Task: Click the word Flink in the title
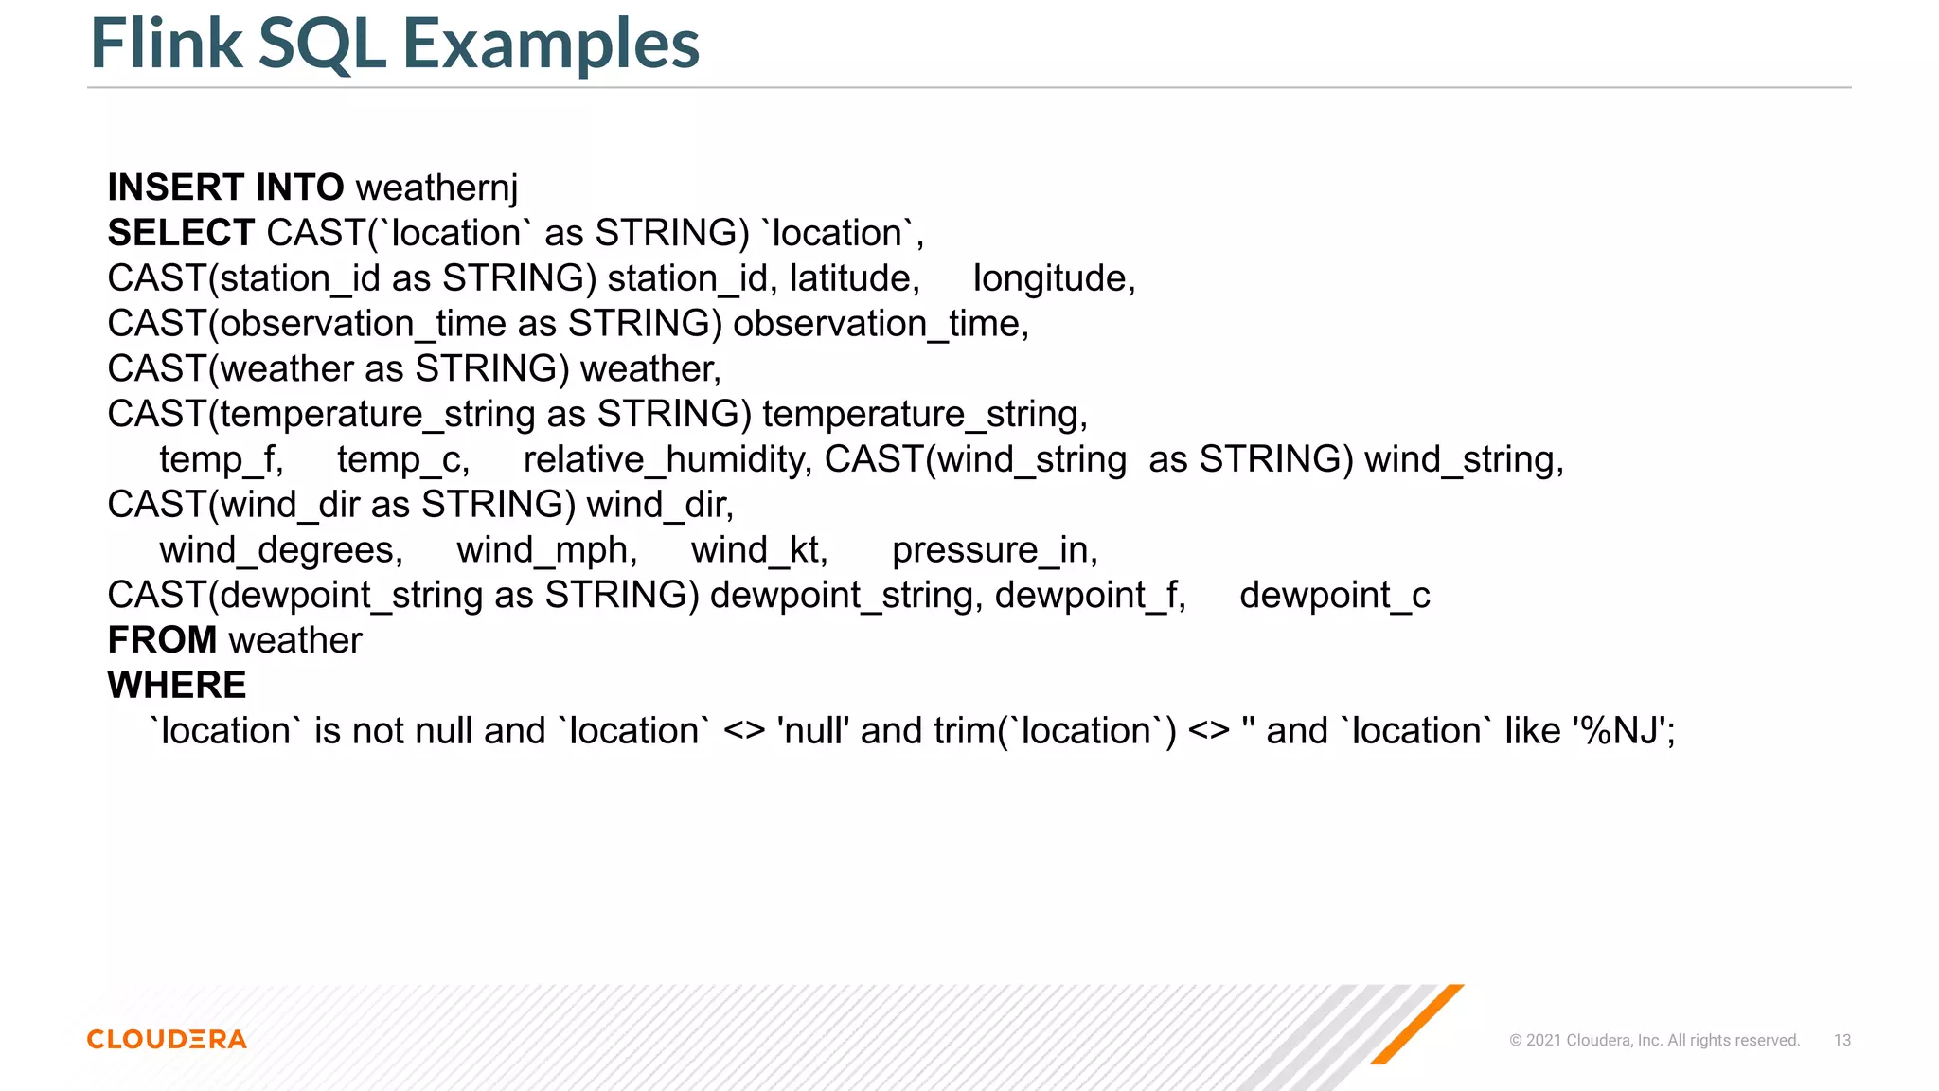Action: coord(167,44)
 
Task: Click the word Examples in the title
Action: coord(551,45)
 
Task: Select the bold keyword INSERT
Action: coord(175,188)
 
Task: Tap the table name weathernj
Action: coord(436,188)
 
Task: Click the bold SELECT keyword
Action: coord(181,233)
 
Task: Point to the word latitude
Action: coord(854,278)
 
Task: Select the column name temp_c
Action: coord(402,459)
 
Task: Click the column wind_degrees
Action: coord(280,550)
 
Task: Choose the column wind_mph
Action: coord(546,550)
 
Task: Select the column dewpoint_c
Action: coord(1334,596)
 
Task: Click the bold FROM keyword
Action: coord(162,640)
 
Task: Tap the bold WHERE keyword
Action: coord(177,685)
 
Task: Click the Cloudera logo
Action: coord(167,1039)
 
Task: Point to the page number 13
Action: coord(1841,1040)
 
